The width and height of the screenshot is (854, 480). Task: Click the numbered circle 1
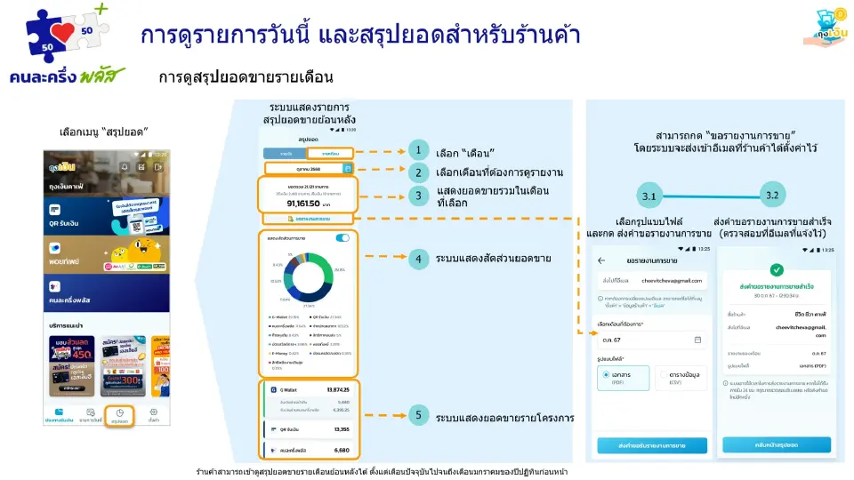418,151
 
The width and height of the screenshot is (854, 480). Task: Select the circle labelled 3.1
649,195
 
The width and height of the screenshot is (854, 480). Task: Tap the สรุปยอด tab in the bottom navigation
119,416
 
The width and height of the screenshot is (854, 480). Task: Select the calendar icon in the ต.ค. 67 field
697,340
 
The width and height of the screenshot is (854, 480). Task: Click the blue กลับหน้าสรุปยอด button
777,444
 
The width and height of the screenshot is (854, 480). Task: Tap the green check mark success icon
777,269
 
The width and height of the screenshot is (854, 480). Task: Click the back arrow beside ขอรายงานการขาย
601,261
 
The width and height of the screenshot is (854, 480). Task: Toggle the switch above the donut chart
342,238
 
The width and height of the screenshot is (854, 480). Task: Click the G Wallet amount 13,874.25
338,389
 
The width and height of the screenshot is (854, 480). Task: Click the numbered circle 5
418,416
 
